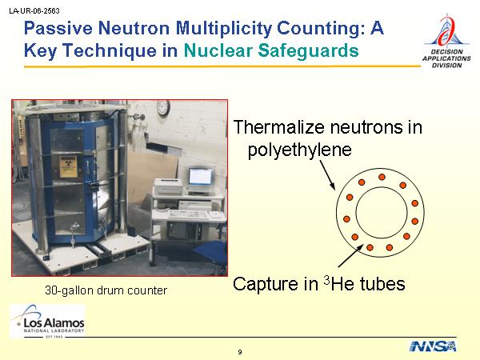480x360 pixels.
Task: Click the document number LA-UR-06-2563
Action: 34,11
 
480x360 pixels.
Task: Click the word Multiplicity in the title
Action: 223,29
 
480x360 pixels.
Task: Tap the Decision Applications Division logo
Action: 446,42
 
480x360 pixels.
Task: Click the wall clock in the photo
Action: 163,108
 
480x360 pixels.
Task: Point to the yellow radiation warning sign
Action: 68,167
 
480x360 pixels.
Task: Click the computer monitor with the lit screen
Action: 199,178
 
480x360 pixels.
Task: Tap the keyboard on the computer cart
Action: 189,214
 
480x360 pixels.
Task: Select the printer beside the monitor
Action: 168,186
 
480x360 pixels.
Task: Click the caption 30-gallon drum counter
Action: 106,290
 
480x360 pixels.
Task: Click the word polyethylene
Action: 300,150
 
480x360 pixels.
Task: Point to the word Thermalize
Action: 279,126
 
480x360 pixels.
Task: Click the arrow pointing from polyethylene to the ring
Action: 327,175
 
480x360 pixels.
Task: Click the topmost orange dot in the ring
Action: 382,177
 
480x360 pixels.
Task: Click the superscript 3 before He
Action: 326,280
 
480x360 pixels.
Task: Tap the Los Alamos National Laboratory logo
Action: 47,322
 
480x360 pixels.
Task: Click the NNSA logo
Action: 433,346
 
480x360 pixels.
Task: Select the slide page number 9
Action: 240,352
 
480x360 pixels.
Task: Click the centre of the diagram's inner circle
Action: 382,213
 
